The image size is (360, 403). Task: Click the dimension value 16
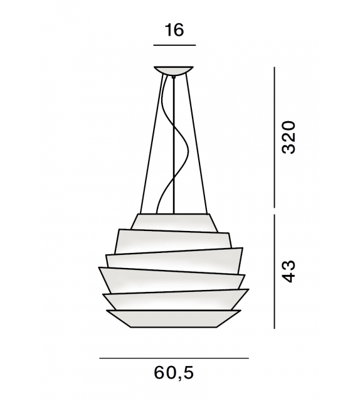pyautogui.click(x=174, y=30)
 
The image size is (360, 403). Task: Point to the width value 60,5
pyautogui.click(x=174, y=373)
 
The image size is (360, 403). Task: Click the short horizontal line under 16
pyautogui.click(x=174, y=46)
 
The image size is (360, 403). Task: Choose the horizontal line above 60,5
pyautogui.click(x=174, y=358)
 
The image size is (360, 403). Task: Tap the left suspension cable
pyautogui.click(x=149, y=144)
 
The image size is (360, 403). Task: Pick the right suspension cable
pyautogui.click(x=198, y=144)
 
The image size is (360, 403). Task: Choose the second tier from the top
pyautogui.click(x=174, y=241)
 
